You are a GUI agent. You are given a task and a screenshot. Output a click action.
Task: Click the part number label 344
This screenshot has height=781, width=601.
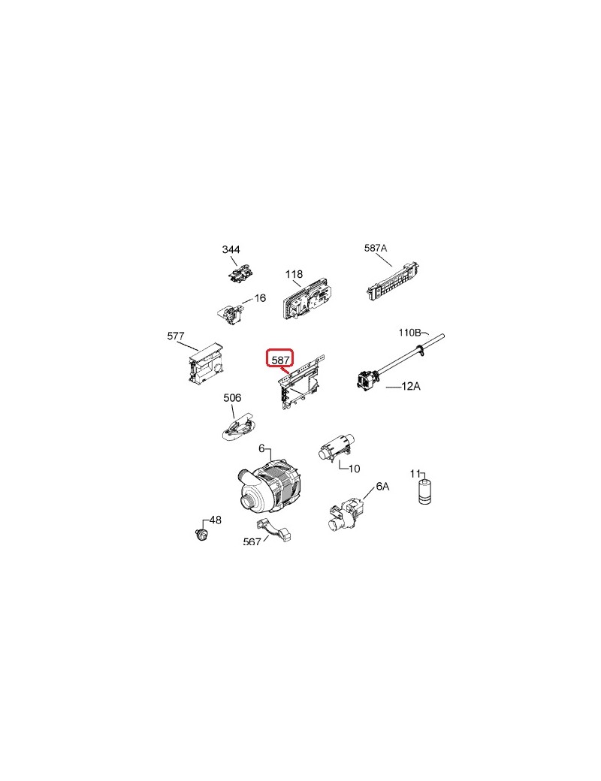231,249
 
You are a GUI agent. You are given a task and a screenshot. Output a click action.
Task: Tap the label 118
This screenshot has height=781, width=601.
294,274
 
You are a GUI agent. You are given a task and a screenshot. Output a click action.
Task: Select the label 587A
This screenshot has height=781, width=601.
376,248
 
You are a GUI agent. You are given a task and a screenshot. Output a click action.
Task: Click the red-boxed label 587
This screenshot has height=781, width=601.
280,359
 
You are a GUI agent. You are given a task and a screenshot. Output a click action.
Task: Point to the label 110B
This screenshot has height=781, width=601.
410,332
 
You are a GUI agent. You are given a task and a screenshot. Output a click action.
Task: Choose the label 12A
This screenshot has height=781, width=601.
411,386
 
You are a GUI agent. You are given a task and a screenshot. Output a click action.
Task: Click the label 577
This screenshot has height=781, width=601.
175,336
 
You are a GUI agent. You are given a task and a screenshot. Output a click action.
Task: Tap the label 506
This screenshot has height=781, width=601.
232,397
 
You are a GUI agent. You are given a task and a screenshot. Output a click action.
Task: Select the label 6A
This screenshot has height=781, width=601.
382,487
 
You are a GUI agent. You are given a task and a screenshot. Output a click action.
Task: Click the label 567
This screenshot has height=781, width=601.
252,541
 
